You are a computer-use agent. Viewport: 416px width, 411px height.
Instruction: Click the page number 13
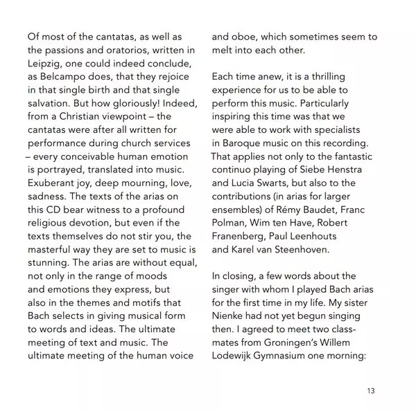coord(371,392)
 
